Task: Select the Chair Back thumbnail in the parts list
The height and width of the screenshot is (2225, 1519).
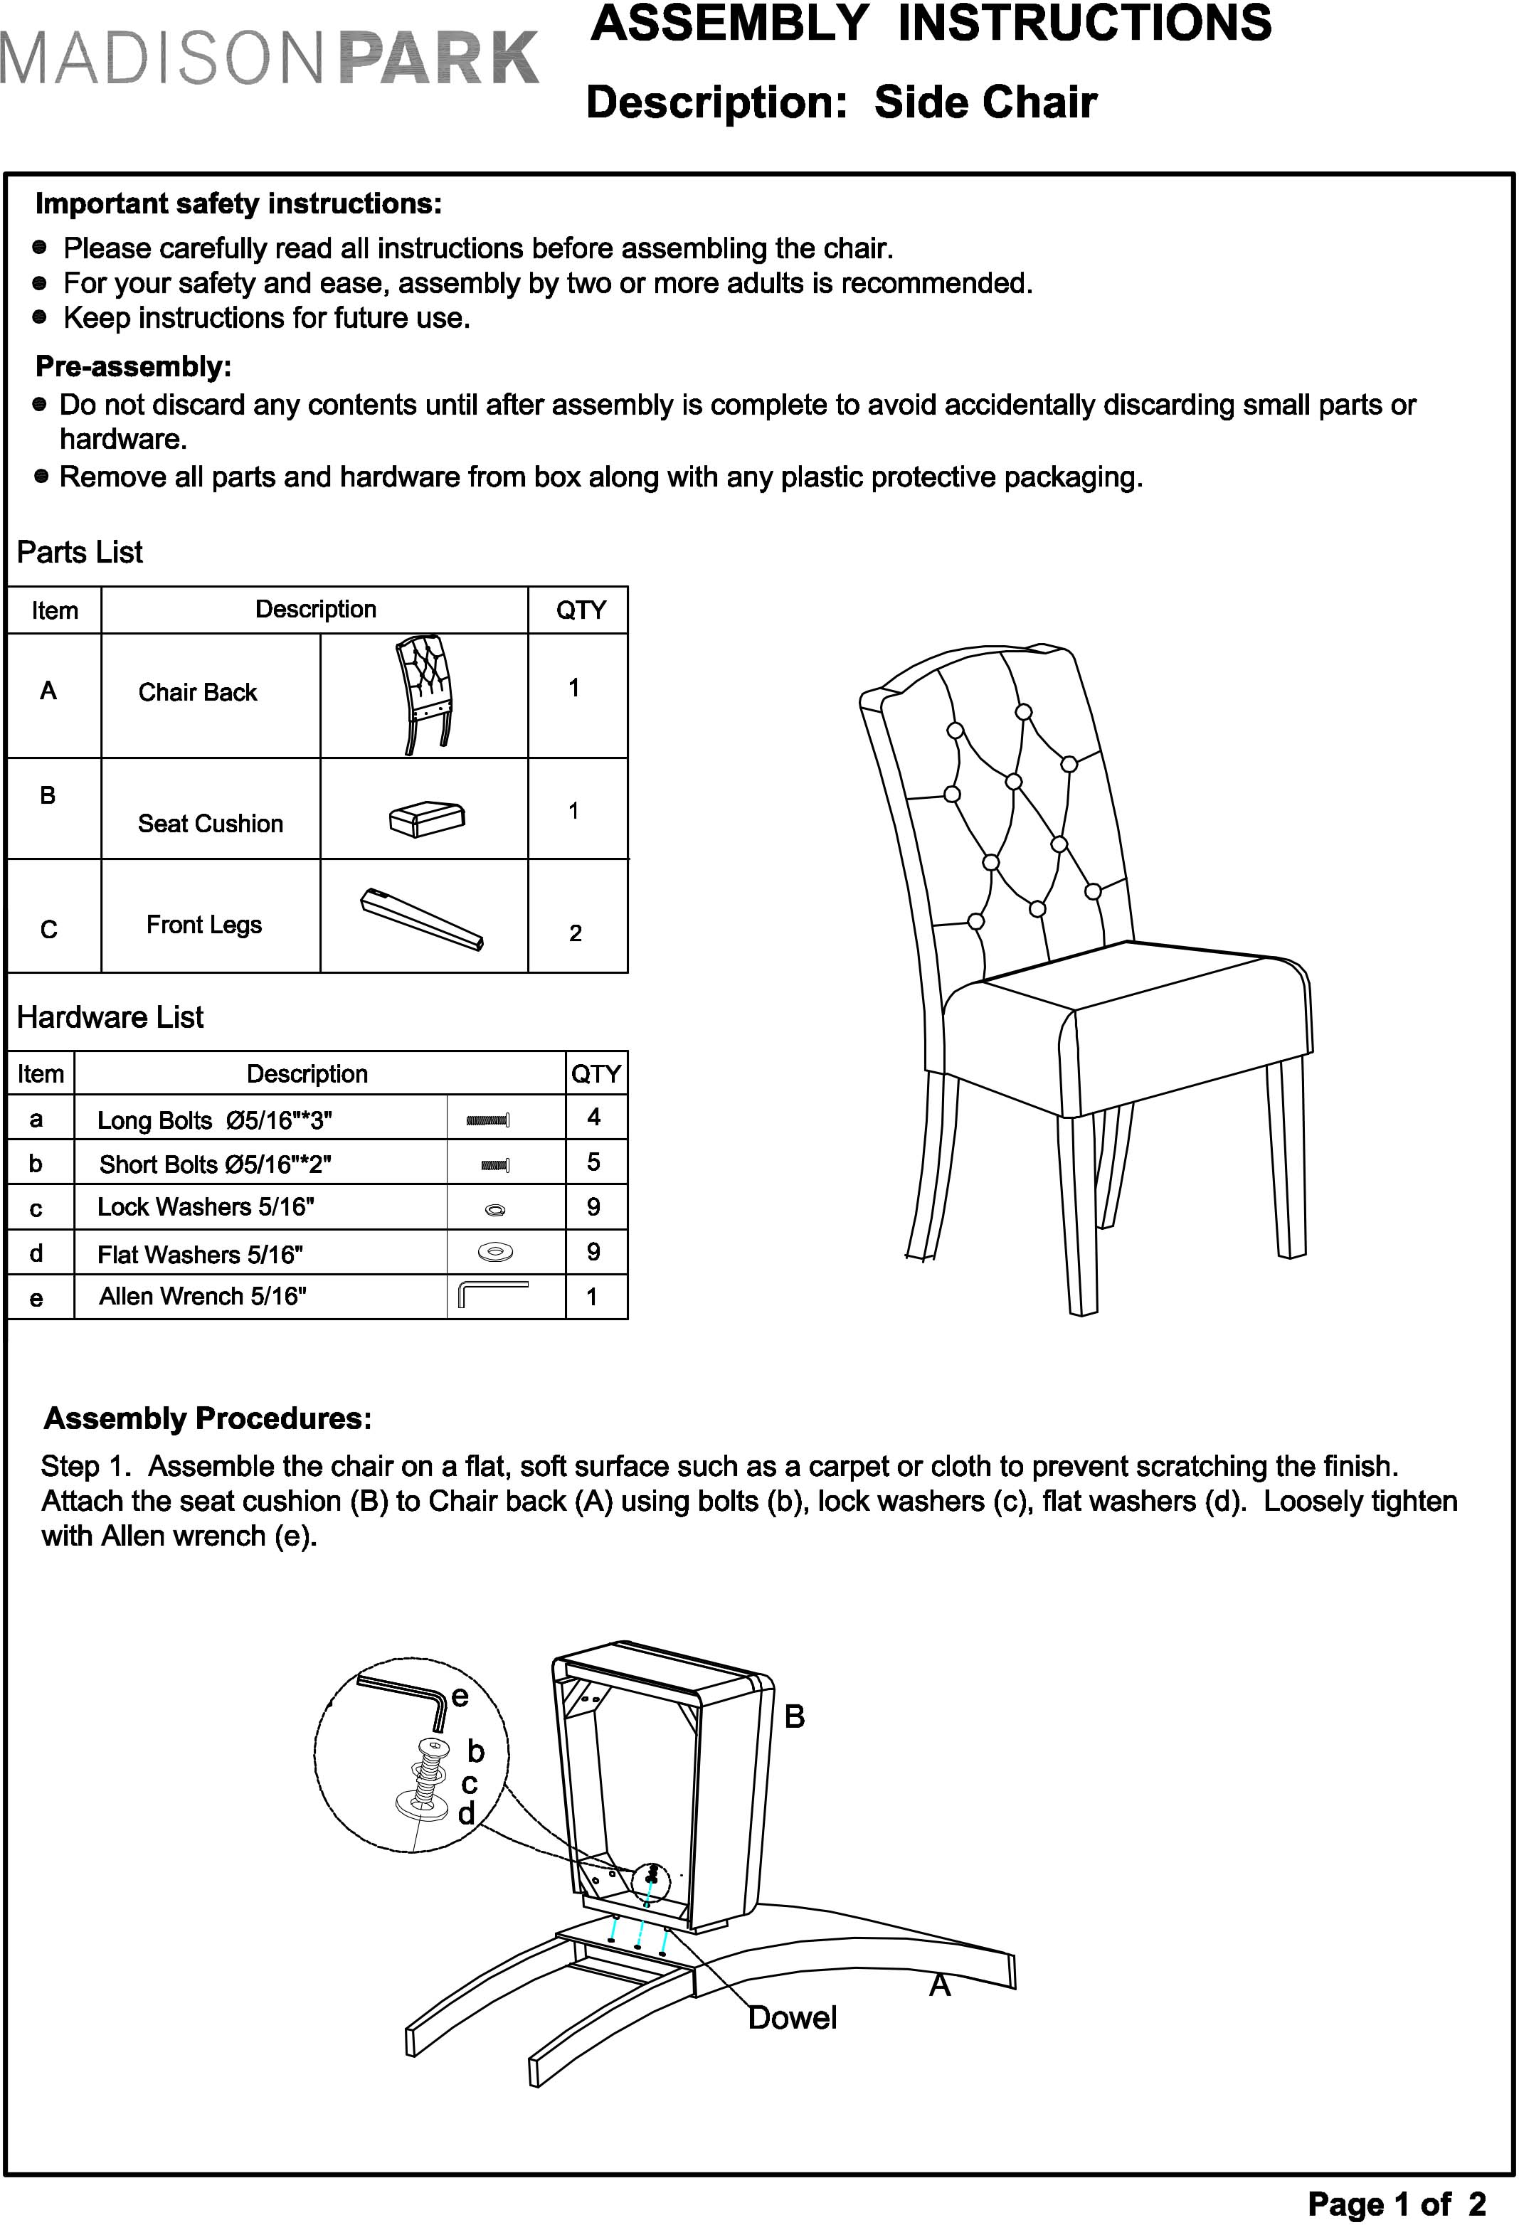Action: coord(424,694)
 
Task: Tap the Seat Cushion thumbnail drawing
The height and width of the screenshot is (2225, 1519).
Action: coord(427,817)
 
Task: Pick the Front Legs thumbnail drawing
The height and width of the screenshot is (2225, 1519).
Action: coord(423,919)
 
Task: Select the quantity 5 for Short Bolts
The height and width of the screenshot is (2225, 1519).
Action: coord(594,1162)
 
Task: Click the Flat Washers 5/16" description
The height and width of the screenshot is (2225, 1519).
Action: coord(200,1253)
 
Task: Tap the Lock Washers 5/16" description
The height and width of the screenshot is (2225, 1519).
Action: coord(205,1206)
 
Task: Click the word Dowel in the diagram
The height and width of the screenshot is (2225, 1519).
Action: coord(792,2017)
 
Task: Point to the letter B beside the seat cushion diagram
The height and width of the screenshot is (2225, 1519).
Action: coord(794,1716)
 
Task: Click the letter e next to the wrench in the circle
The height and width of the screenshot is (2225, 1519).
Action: coord(460,1696)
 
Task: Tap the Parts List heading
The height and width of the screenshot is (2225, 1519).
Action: coord(80,553)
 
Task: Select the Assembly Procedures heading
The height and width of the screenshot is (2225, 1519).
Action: coord(208,1418)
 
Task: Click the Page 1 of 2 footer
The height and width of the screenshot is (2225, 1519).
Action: coord(1397,2203)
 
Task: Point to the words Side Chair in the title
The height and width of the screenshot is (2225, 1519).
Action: coord(985,102)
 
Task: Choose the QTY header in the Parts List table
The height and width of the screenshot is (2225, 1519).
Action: coord(581,610)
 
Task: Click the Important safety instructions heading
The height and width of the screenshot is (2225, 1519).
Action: coord(238,204)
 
